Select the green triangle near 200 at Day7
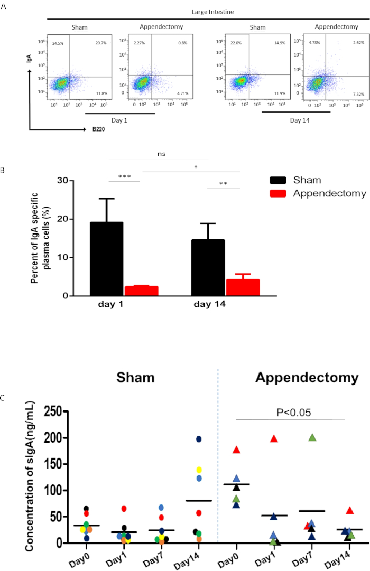pos(312,437)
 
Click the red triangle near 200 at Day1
pos(274,438)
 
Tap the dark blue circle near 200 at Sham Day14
pos(199,439)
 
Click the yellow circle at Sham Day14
pos(199,469)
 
